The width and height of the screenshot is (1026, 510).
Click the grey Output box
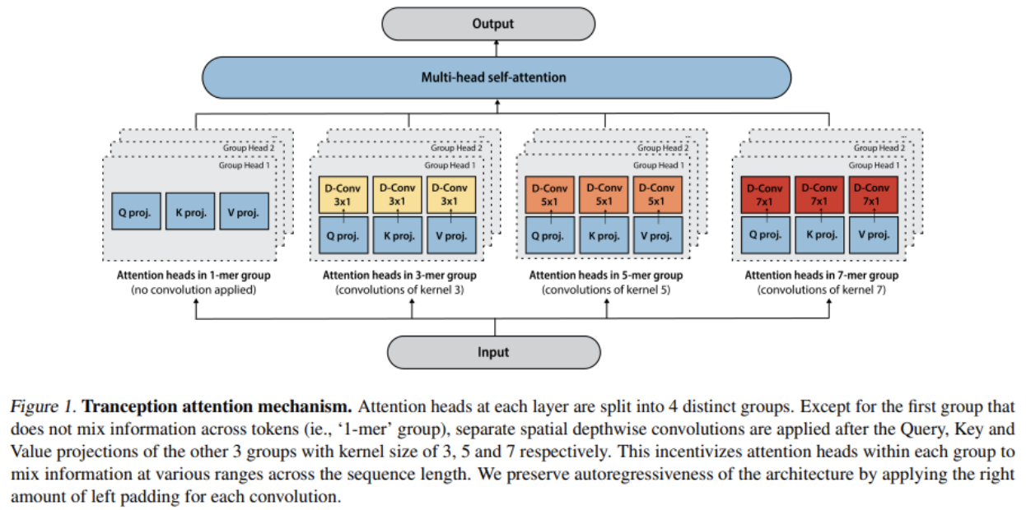[488, 24]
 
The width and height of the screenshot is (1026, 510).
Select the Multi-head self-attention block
[497, 78]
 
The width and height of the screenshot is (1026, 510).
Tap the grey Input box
[494, 352]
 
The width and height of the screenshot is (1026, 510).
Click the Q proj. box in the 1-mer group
[136, 211]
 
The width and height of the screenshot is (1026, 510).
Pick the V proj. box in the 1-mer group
[244, 211]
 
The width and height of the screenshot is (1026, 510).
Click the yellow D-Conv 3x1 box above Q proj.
[343, 195]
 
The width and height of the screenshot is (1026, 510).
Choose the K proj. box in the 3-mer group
[398, 235]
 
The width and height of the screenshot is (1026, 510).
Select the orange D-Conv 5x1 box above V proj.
[658, 195]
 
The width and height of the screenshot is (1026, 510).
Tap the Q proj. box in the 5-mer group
[550, 235]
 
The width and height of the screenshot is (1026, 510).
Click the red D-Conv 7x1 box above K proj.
[819, 195]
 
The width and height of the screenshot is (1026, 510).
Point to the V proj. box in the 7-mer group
[874, 235]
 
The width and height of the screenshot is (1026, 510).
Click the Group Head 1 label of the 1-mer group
[244, 165]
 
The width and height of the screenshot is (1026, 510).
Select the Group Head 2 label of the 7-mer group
[879, 148]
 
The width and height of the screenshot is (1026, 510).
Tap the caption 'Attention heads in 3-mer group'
[399, 276]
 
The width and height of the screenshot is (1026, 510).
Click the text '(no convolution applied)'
[194, 290]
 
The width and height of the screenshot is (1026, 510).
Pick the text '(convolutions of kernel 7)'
[822, 290]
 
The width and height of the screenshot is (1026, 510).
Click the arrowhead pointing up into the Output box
[497, 43]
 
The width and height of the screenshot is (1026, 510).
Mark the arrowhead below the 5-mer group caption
[607, 301]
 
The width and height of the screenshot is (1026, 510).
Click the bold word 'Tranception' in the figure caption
[128, 406]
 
